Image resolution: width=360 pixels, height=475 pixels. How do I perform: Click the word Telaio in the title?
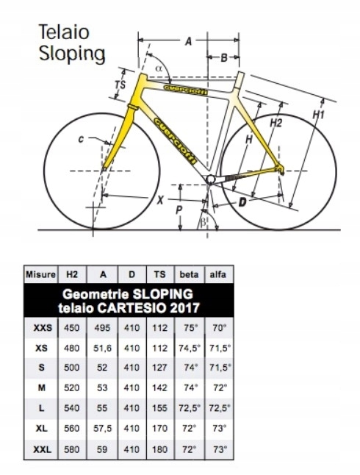(64, 32)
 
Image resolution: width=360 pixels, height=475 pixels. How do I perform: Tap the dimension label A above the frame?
(188, 41)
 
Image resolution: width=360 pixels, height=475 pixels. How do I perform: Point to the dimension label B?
(224, 57)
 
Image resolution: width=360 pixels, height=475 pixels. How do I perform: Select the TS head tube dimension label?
(120, 85)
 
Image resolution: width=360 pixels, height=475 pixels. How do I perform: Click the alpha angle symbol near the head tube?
(159, 68)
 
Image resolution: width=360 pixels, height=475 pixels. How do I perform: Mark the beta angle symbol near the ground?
(204, 222)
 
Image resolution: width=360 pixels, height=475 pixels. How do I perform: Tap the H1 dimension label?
(319, 115)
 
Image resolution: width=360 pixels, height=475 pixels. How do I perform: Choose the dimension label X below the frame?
(160, 200)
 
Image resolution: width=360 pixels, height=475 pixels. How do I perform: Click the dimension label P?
(179, 210)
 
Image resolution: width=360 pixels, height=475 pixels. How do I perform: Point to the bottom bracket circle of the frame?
(210, 179)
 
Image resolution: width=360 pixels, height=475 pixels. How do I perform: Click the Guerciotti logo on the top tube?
(185, 90)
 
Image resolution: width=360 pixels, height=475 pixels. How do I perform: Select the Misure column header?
(40, 274)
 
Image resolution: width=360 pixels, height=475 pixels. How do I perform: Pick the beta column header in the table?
(190, 274)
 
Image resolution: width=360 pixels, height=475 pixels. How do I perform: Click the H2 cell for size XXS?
(72, 328)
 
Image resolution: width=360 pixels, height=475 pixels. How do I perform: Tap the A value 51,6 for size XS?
(102, 348)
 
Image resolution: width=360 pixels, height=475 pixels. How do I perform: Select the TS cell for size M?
(160, 388)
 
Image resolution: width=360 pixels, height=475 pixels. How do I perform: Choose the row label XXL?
(42, 449)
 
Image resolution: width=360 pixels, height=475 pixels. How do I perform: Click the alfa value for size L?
(220, 408)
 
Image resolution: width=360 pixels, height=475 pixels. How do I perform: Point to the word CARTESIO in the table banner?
(132, 308)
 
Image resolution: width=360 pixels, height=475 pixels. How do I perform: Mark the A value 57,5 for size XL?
(102, 429)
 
